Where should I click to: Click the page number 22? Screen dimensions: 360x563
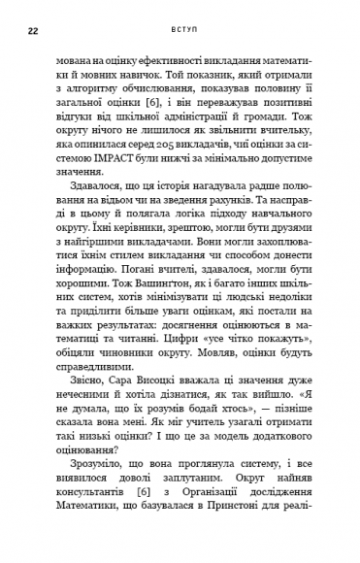(x=34, y=31)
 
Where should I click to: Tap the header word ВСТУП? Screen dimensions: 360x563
(x=193, y=31)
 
